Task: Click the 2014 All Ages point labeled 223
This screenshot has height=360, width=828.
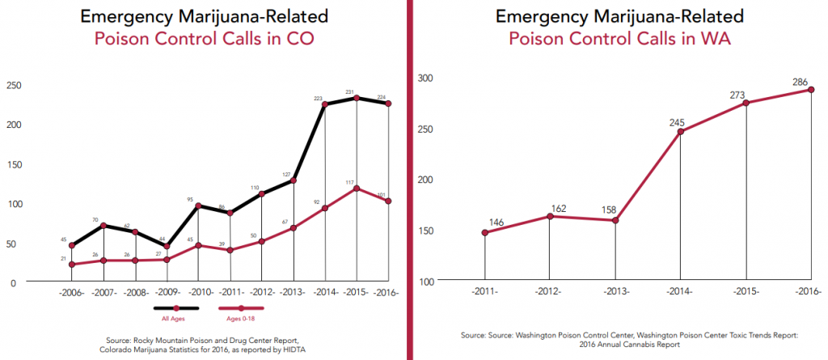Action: (x=325, y=104)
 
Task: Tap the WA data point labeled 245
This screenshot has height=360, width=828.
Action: (x=681, y=132)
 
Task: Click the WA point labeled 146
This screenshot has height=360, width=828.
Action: (x=485, y=233)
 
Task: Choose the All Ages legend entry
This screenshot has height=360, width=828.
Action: (x=175, y=309)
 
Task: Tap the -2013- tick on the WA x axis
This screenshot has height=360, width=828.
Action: (x=615, y=290)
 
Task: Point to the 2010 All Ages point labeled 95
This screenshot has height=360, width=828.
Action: (x=198, y=205)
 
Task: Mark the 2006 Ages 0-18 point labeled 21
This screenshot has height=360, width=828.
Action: (x=71, y=265)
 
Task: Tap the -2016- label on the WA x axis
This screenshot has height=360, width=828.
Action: (x=809, y=290)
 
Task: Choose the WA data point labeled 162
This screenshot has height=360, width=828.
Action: (x=550, y=216)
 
